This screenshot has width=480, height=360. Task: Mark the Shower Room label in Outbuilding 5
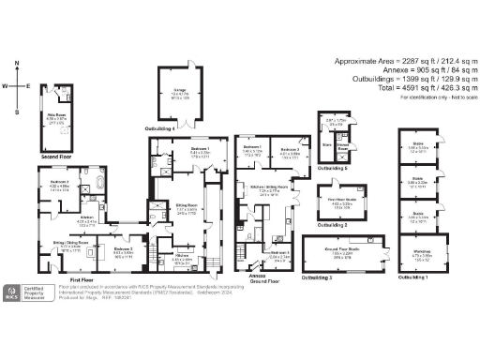[x=343, y=145]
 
